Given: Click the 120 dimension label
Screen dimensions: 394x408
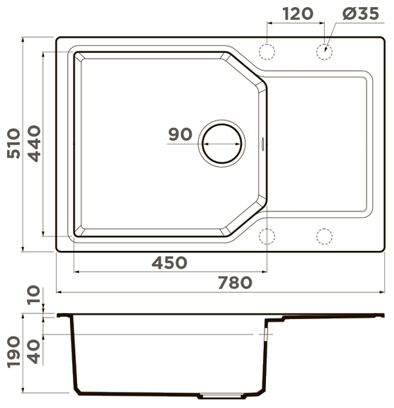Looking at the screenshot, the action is [298, 14].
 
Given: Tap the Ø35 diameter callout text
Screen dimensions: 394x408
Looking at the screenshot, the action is [361, 13].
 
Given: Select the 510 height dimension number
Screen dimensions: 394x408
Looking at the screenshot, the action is [13, 144].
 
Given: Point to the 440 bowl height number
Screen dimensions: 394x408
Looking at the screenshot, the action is [34, 144].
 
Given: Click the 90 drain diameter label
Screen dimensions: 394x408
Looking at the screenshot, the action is [180, 134].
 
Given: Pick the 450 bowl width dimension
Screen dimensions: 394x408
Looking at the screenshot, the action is [170, 263].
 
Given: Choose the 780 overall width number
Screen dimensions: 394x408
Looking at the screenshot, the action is [235, 283].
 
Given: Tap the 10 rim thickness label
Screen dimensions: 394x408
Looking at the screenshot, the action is [34, 295].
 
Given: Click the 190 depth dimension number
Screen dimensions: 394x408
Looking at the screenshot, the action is [13, 352].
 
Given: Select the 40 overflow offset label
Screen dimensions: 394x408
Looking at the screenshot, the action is [34, 352].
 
